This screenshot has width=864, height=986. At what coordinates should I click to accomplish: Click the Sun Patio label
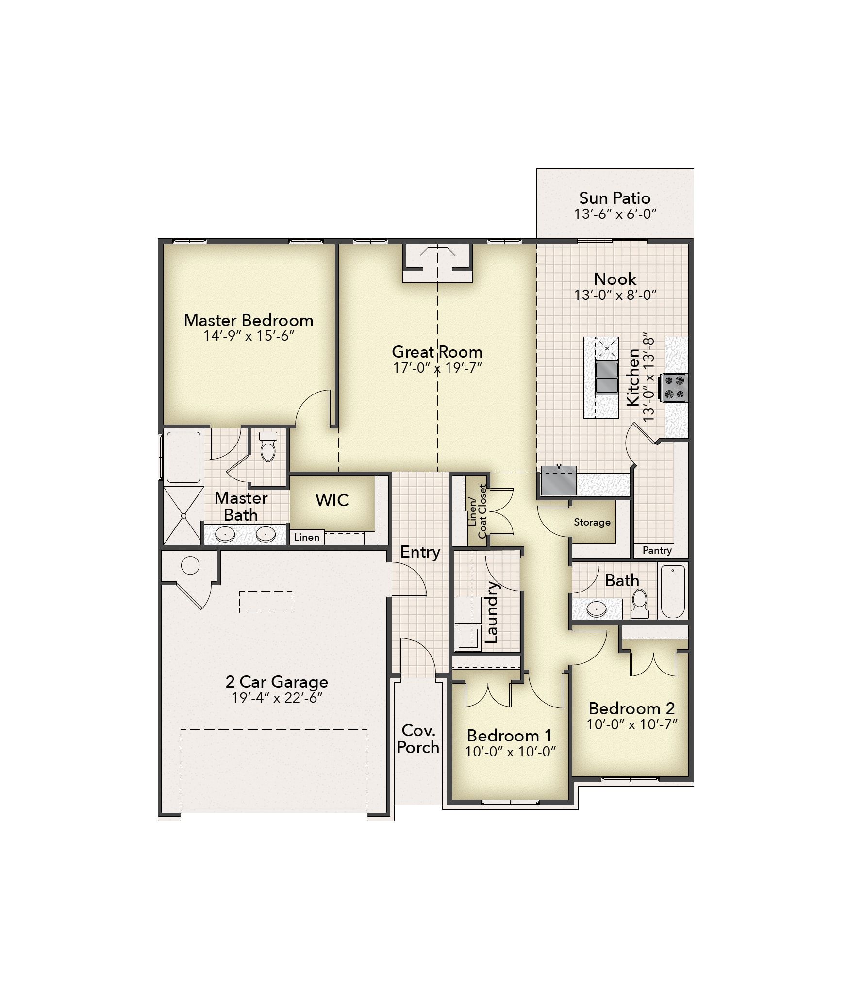click(x=615, y=198)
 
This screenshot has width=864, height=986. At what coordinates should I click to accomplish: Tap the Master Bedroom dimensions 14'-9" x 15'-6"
click(x=249, y=336)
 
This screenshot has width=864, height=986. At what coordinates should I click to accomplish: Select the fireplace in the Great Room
click(x=437, y=264)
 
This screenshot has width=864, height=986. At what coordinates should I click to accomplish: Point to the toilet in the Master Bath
click(x=268, y=447)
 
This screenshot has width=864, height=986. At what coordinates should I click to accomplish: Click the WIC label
click(x=332, y=500)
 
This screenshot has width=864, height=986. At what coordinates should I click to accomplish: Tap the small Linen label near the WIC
click(x=306, y=537)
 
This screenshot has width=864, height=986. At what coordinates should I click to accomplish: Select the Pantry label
click(x=657, y=550)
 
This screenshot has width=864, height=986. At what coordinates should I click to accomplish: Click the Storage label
click(x=592, y=522)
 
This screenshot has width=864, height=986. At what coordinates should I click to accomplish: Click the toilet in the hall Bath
click(x=640, y=603)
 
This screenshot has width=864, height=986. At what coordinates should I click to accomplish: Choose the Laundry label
click(x=492, y=612)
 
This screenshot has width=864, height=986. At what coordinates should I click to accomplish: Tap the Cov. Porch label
click(x=418, y=739)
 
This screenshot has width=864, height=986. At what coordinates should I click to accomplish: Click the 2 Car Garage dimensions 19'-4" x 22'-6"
click(x=277, y=698)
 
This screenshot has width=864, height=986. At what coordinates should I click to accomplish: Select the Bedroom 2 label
click(x=631, y=708)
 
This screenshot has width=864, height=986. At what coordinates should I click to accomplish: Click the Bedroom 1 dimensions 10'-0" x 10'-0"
click(x=510, y=752)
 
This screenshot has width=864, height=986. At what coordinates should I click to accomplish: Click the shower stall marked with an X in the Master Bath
click(x=183, y=515)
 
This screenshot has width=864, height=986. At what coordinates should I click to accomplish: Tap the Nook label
click(x=615, y=279)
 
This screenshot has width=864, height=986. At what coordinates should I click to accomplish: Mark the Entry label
click(x=420, y=552)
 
